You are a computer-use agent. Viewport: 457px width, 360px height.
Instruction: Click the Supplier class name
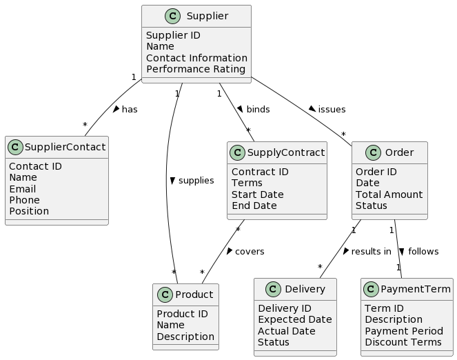(207, 16)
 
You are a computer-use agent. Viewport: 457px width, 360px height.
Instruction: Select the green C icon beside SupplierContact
(17, 146)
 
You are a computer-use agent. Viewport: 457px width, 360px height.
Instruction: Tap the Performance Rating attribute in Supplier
(196, 69)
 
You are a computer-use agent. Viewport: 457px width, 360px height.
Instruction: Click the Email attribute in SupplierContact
(23, 189)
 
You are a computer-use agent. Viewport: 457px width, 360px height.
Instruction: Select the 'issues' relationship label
(332, 110)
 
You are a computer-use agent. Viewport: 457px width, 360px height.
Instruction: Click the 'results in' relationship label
(371, 252)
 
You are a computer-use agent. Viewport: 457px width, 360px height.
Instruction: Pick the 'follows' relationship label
(423, 252)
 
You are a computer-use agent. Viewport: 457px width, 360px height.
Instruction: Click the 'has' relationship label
(130, 110)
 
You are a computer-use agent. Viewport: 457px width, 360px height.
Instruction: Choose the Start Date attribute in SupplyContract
(258, 194)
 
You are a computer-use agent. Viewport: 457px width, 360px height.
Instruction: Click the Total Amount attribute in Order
(389, 194)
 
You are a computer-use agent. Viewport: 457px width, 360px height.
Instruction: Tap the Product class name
(195, 295)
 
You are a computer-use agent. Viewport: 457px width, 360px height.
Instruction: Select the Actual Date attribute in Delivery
(286, 331)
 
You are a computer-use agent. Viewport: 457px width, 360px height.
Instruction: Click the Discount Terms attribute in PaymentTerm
(403, 342)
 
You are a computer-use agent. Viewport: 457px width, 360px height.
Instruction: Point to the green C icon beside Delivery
(266, 290)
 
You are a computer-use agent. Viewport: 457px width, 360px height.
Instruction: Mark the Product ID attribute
(182, 314)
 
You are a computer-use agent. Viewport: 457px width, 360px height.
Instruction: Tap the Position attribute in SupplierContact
(29, 211)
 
